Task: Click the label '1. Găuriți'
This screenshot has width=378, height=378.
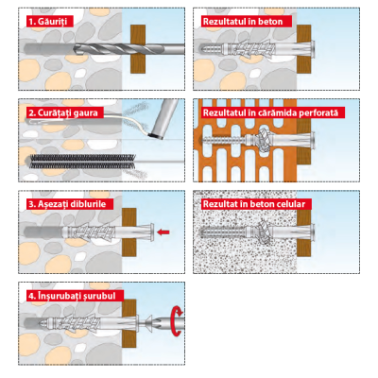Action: click(x=49, y=22)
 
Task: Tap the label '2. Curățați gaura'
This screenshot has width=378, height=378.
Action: click(x=64, y=112)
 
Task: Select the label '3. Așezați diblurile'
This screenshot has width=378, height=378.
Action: click(x=70, y=204)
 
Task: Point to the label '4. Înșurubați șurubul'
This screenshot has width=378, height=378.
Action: click(x=75, y=296)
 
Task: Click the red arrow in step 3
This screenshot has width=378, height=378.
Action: click(x=163, y=232)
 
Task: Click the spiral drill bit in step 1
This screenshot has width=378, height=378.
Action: click(x=129, y=49)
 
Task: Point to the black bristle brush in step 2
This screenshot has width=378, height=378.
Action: click(x=82, y=162)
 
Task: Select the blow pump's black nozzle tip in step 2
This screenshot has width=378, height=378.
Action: click(x=156, y=136)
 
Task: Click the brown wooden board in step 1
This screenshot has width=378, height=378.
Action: click(x=138, y=49)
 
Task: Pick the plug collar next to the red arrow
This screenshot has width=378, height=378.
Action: click(x=152, y=232)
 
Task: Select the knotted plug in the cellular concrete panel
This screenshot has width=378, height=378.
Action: click(x=264, y=232)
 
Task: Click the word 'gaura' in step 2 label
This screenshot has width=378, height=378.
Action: click(x=86, y=112)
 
